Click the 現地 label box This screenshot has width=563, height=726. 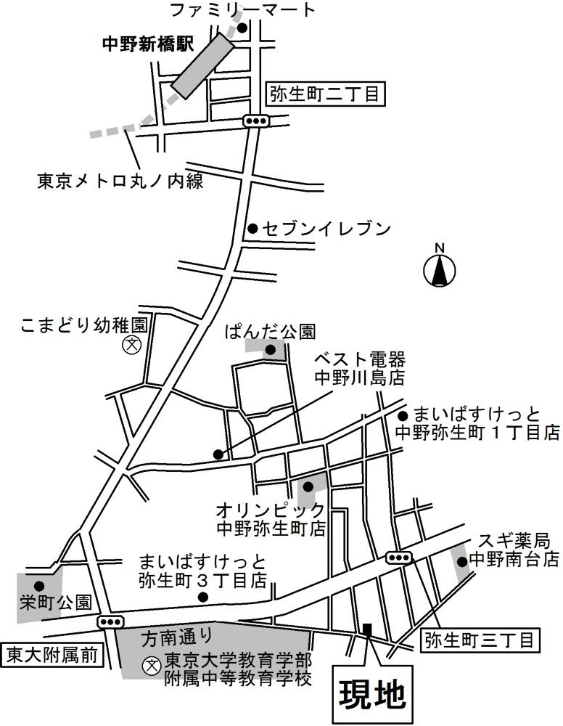click(x=372, y=693)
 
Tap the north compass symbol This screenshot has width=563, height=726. click(x=439, y=271)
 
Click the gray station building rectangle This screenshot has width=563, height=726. click(x=202, y=65)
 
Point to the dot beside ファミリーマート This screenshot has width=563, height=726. click(x=242, y=28)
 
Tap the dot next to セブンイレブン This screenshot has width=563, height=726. click(x=252, y=229)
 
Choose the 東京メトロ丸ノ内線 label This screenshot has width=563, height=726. click(x=120, y=181)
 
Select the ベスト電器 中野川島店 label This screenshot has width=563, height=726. click(x=358, y=369)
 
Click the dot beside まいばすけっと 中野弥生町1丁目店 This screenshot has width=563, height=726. click(x=403, y=417)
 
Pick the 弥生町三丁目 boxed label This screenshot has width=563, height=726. click(x=480, y=640)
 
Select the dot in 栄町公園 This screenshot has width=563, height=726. click(x=38, y=585)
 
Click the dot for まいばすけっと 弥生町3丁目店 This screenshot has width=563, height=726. click(x=203, y=597)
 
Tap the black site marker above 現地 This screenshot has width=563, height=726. click(x=367, y=630)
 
